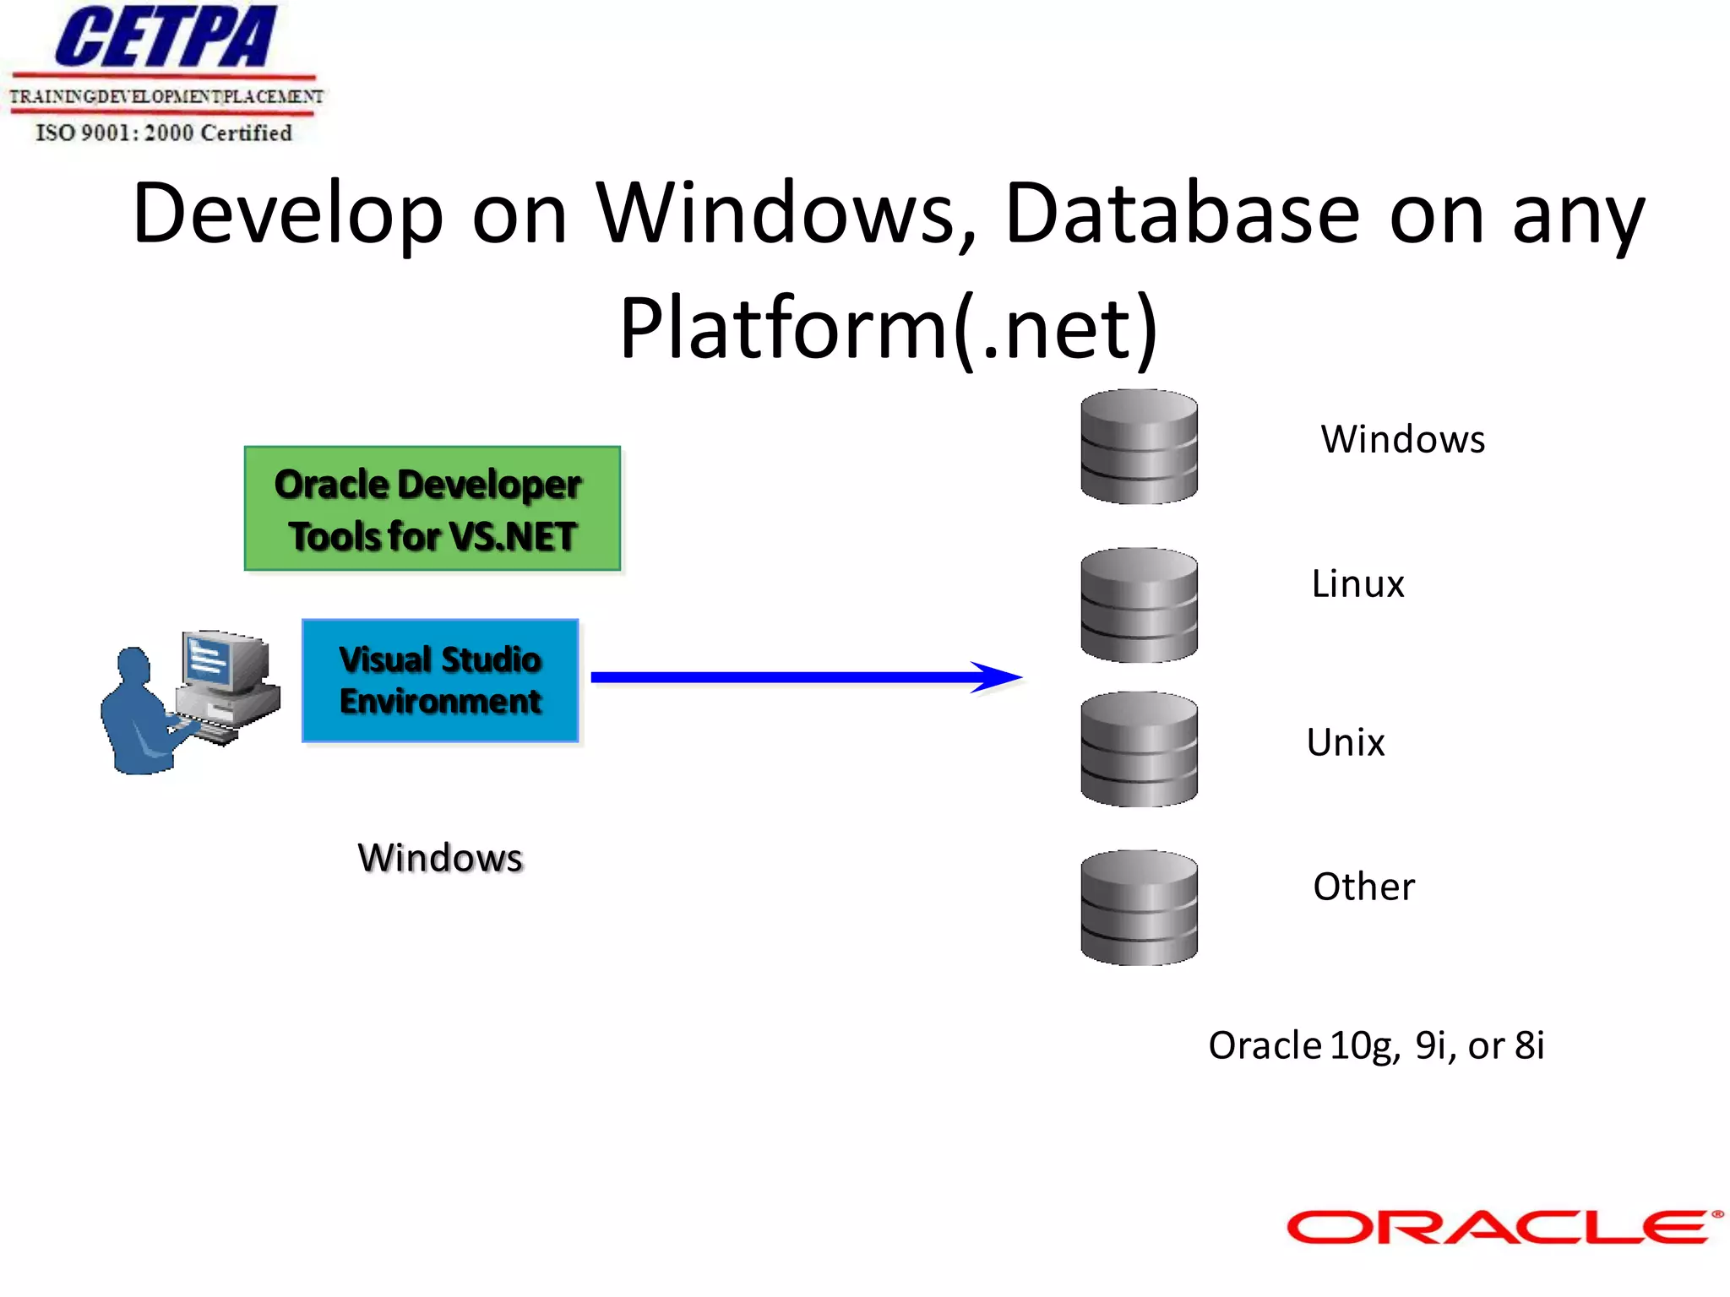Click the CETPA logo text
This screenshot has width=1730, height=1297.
click(x=166, y=38)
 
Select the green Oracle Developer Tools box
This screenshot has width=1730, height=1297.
click(x=432, y=509)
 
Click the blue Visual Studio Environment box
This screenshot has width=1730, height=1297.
click(x=440, y=681)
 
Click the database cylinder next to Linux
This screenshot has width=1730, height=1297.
click(x=1139, y=605)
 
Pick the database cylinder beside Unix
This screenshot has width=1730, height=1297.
click(x=1139, y=749)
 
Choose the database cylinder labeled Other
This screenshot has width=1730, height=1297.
click(x=1139, y=908)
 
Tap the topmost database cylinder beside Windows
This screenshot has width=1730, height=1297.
click(x=1139, y=447)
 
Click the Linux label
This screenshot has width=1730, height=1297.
click(x=1357, y=584)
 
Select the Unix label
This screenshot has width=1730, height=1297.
click(x=1345, y=743)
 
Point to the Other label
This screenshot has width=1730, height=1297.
click(x=1363, y=887)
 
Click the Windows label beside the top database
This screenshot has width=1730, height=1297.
click(x=1402, y=440)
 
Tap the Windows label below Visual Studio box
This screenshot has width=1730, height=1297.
click(x=440, y=858)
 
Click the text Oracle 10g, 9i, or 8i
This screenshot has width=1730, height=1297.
click(x=1375, y=1045)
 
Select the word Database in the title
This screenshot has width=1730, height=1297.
click(x=1182, y=214)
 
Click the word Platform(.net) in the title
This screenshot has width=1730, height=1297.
click(x=888, y=328)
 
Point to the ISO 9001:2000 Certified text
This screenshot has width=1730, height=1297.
click(x=164, y=133)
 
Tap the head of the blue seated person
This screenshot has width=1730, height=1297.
click(x=133, y=664)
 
